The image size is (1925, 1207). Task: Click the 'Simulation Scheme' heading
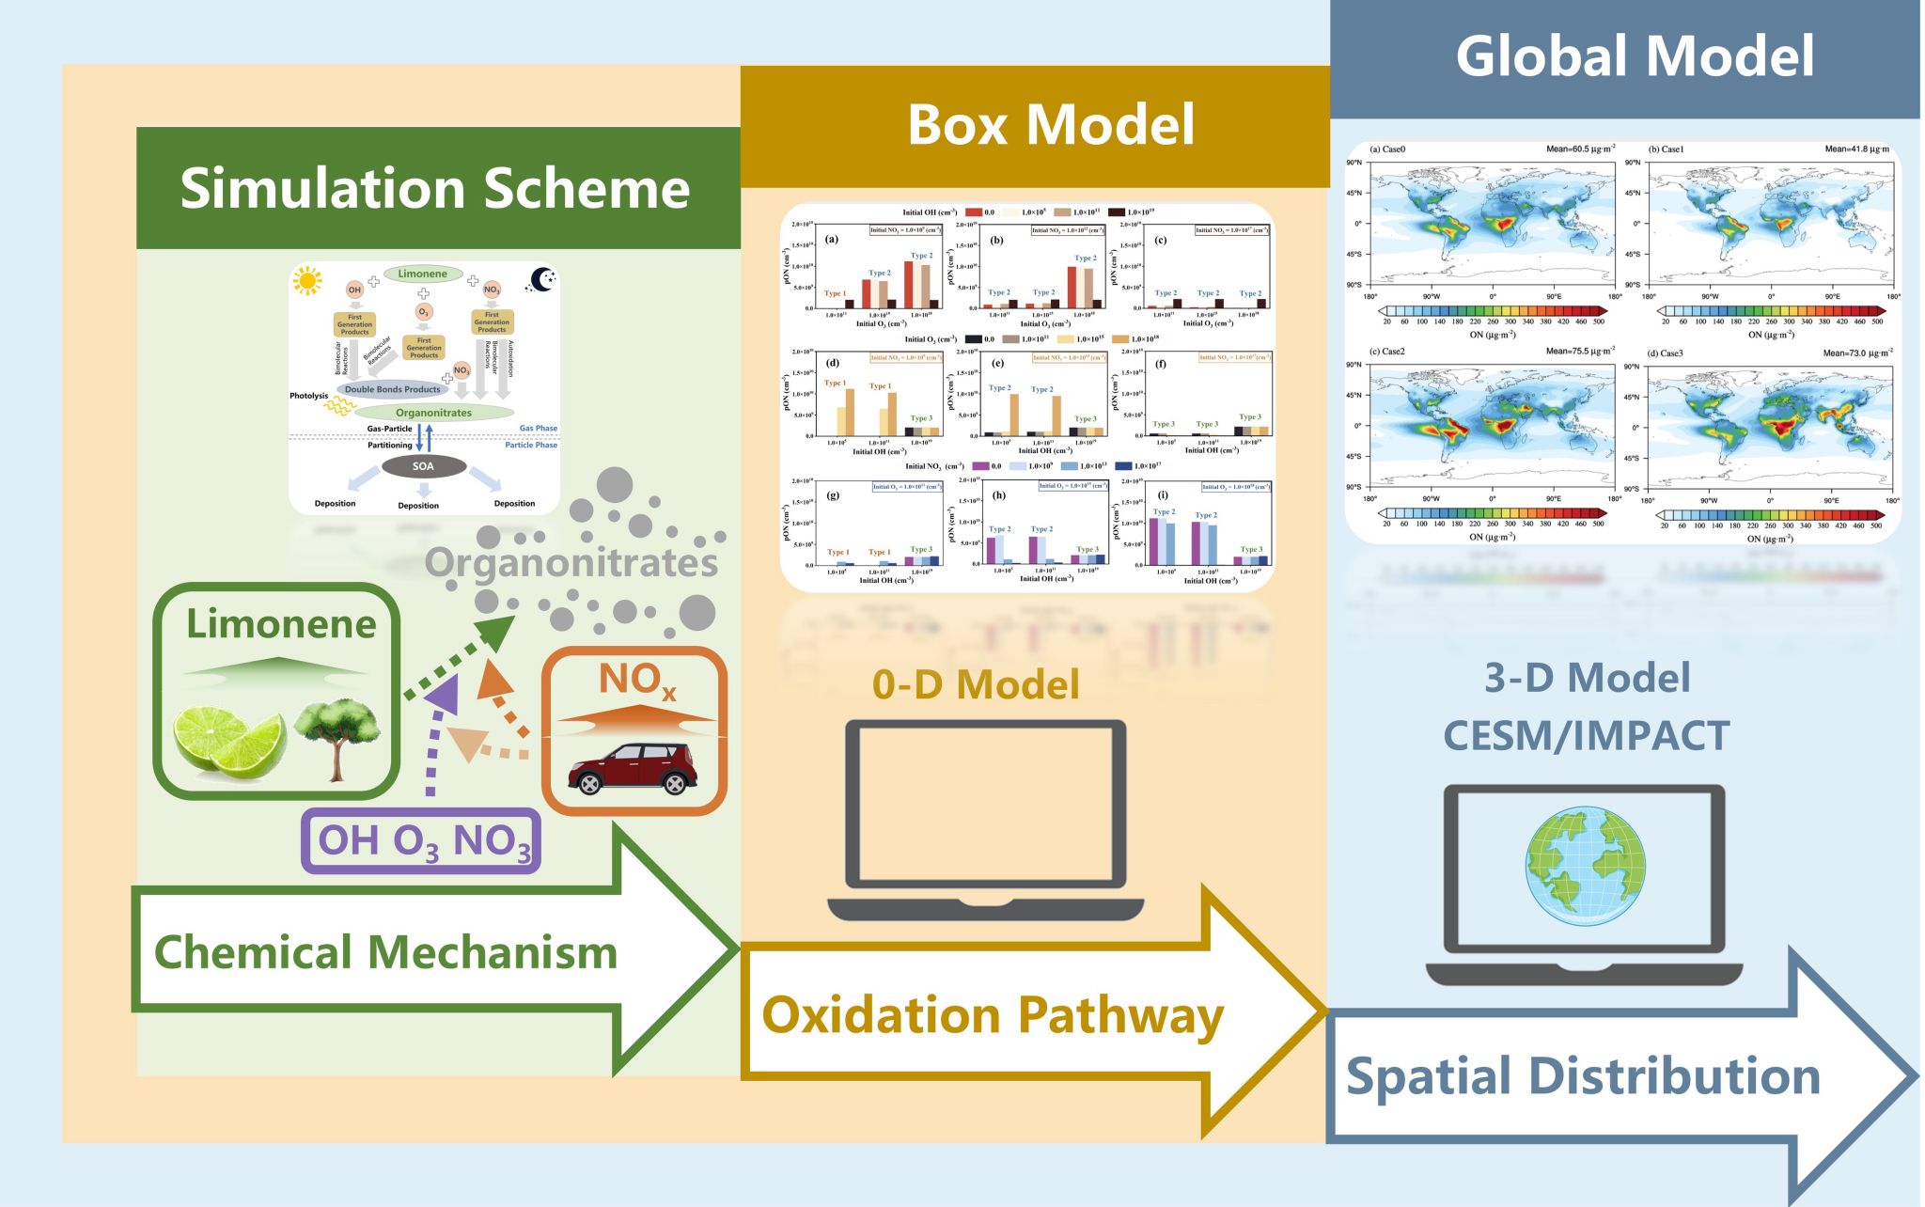pyautogui.click(x=434, y=188)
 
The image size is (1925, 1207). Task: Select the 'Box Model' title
pyautogui.click(x=1050, y=125)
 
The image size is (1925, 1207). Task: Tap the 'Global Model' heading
pyautogui.click(x=1635, y=55)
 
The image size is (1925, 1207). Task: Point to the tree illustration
pyautogui.click(x=336, y=739)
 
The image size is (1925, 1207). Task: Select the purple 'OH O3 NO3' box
pyautogui.click(x=422, y=840)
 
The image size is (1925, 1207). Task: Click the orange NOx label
pyautogui.click(x=636, y=681)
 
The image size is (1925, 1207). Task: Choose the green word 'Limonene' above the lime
pyautogui.click(x=280, y=624)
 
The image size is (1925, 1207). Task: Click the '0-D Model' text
pyautogui.click(x=976, y=684)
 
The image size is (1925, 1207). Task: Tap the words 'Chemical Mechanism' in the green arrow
pyautogui.click(x=385, y=952)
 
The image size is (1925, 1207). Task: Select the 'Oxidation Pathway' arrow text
pyautogui.click(x=992, y=1016)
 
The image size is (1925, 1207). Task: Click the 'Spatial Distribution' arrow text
pyautogui.click(x=1583, y=1076)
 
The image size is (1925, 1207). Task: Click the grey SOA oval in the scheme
pyautogui.click(x=423, y=466)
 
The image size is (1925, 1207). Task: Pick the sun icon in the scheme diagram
pyautogui.click(x=307, y=280)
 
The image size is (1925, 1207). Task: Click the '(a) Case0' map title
pyautogui.click(x=1388, y=149)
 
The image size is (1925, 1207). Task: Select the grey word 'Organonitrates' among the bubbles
pyautogui.click(x=571, y=563)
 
